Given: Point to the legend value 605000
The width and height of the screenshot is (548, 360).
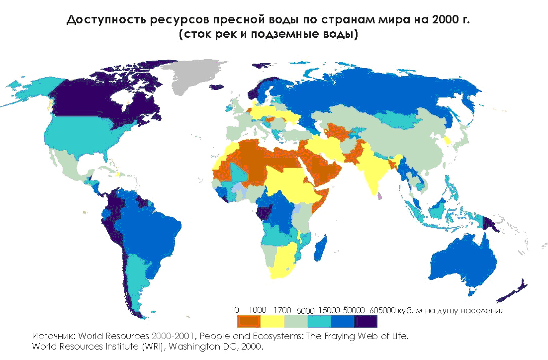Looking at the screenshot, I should coord(382,310).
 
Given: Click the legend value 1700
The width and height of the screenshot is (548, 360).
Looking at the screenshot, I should coord(282,310).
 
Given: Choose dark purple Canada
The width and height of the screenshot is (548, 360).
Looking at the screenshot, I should coord(99,99).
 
